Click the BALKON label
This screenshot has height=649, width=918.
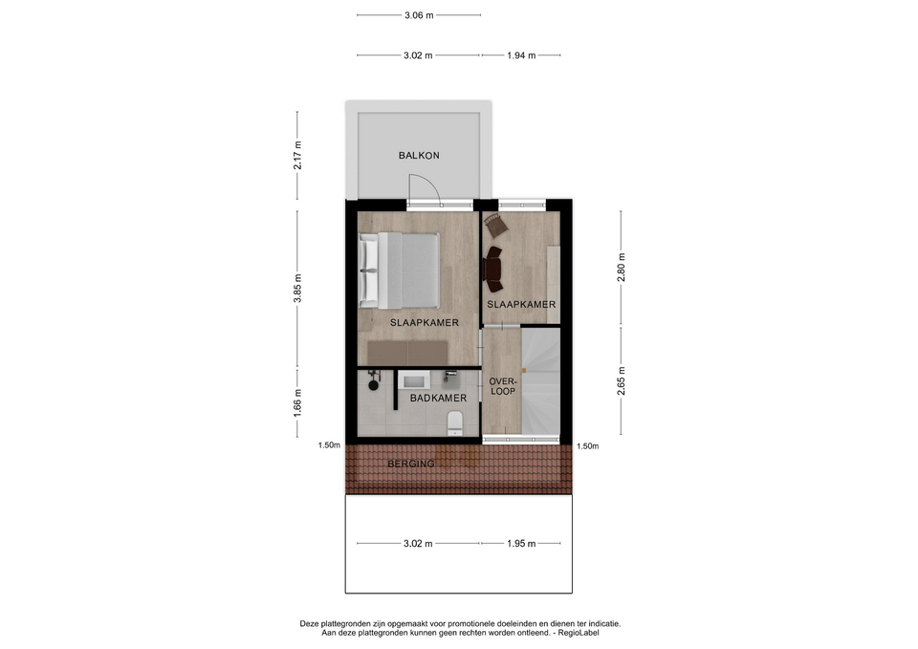419,155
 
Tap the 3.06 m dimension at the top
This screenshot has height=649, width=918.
419,15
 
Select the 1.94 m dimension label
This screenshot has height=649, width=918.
521,55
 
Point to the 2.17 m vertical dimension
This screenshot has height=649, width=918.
297,155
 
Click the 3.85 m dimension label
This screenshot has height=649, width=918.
297,289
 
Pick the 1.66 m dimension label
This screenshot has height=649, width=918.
297,403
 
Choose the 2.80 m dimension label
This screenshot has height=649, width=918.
622,268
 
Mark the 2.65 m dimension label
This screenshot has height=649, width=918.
622,381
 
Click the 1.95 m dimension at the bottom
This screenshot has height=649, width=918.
521,544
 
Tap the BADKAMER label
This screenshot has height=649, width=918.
438,398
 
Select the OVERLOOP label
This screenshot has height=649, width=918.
502,386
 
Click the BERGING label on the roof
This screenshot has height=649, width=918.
411,465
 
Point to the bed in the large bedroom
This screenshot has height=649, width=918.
399,270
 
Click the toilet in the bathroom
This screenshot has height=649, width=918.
454,422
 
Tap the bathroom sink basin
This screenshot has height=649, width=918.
414,382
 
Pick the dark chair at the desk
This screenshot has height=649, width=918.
492,270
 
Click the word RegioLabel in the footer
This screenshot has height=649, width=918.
579,633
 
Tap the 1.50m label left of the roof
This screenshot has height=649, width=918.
329,445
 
